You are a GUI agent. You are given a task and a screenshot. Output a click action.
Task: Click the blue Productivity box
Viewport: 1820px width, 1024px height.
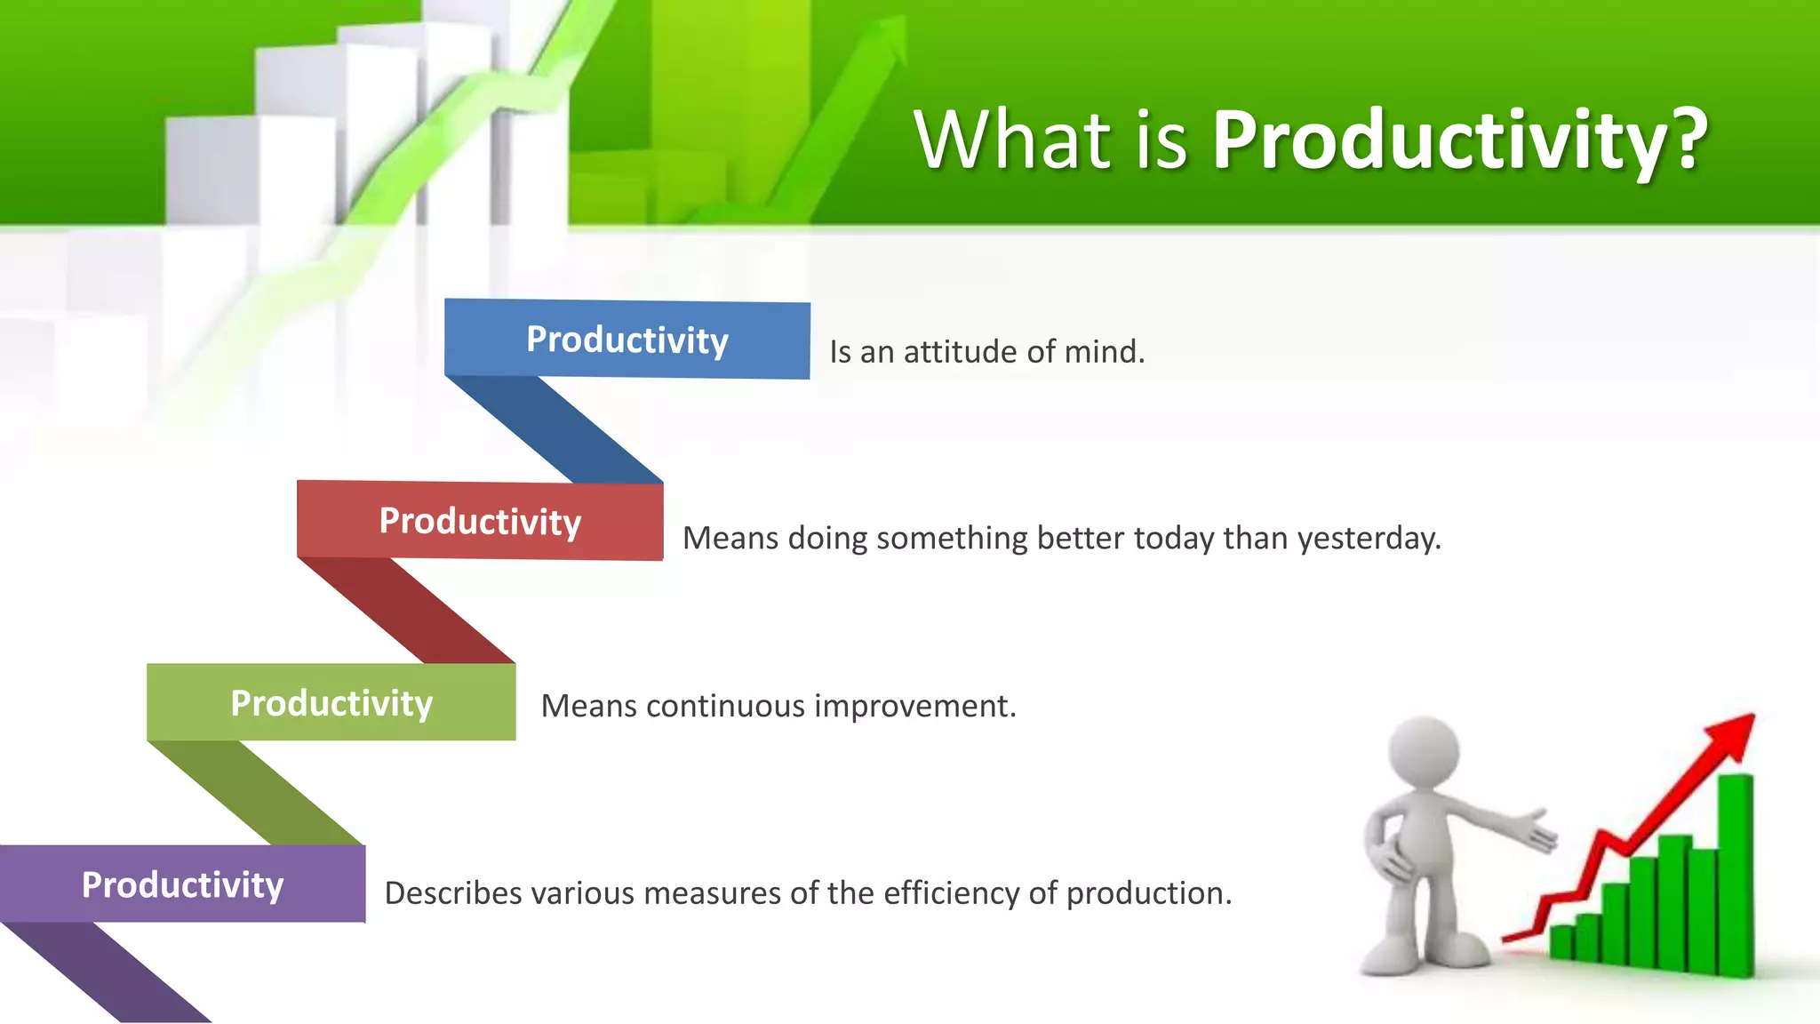point(627,340)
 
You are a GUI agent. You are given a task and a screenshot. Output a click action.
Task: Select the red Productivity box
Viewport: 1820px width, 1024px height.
point(480,521)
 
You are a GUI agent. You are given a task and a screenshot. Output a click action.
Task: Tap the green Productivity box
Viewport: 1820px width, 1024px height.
point(331,702)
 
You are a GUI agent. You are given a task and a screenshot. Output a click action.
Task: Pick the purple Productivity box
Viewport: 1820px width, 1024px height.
point(182,884)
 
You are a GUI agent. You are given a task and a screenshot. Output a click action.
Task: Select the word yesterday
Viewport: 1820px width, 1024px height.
point(1368,539)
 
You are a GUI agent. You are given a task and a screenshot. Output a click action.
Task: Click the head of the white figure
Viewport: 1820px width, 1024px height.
point(1424,751)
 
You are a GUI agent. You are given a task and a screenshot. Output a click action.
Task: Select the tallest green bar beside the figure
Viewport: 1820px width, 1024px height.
point(1735,876)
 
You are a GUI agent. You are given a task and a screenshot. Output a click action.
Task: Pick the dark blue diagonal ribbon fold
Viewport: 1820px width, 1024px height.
point(555,430)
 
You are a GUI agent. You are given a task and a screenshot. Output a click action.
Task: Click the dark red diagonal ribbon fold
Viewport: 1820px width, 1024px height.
point(407,611)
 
